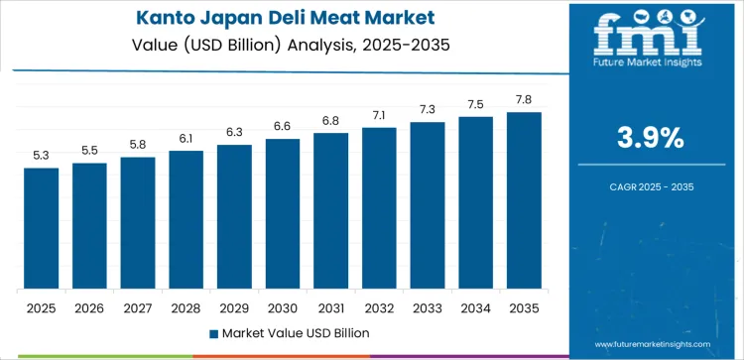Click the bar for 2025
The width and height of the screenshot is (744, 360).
42,229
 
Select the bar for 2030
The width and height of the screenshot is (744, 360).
283,214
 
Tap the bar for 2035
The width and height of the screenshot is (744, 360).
524,201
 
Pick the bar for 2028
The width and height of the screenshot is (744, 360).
186,220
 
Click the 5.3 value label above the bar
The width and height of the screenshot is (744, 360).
42,155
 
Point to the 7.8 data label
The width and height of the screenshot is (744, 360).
524,99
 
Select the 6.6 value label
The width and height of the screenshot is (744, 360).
283,126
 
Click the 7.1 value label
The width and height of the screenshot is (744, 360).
379,115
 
